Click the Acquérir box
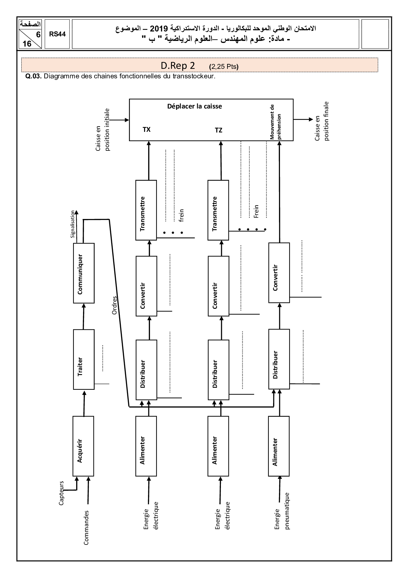83,446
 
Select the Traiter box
84,360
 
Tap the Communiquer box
84,273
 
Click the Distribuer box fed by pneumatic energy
279,359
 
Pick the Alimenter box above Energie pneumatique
279,446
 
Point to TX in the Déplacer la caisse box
147,129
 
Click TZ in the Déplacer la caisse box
219,130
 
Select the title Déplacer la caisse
195,106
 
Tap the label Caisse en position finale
322,121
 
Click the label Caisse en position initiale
103,130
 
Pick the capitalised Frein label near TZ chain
256,211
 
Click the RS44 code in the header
57,34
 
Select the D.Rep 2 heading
178,66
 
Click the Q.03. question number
33,77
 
